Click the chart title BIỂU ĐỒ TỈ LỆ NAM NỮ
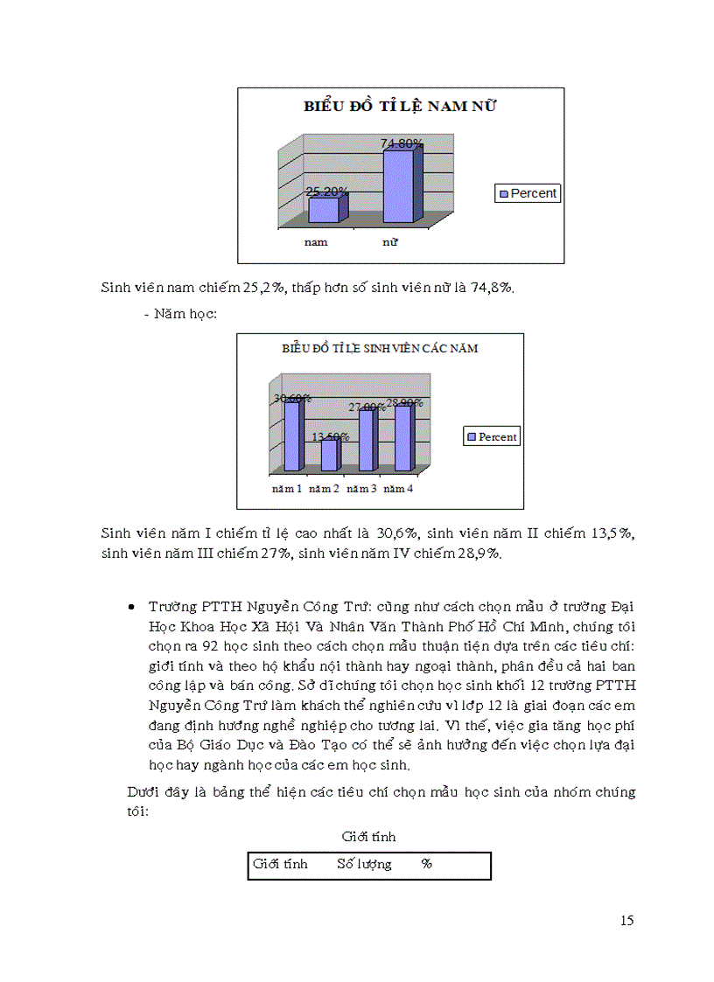click(x=400, y=107)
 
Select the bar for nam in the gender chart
click(x=325, y=210)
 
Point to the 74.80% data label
click(x=402, y=143)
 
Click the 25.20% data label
click(x=327, y=191)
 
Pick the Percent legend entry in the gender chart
click(x=528, y=193)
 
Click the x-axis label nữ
click(x=390, y=242)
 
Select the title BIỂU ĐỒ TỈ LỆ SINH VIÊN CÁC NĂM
click(x=380, y=348)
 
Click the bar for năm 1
click(x=291, y=435)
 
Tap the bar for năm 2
click(x=328, y=455)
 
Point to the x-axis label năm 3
click(x=361, y=488)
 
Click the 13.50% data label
click(x=331, y=436)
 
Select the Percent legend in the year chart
click(x=492, y=436)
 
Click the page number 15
click(x=626, y=920)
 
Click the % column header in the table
click(x=427, y=864)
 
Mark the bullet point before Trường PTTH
click(x=130, y=607)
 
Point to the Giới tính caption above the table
click(x=368, y=837)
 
